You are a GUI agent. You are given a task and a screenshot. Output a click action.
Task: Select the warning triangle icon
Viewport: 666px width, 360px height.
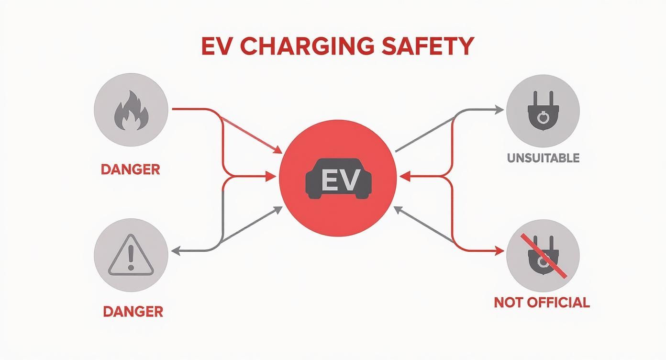point(131,257)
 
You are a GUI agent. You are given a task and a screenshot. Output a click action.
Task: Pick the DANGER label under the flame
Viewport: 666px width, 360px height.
point(130,169)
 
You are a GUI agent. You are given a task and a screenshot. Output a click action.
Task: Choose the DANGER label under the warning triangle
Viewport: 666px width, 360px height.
point(133,312)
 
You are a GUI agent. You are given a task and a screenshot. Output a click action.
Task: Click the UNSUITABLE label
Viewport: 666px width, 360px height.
point(543,158)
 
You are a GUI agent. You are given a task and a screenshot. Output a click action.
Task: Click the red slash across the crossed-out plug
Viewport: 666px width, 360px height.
point(545,256)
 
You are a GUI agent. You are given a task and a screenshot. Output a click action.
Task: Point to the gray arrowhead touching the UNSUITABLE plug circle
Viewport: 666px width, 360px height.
point(500,110)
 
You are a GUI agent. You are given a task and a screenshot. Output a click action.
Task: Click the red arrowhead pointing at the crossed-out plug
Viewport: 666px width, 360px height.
point(500,250)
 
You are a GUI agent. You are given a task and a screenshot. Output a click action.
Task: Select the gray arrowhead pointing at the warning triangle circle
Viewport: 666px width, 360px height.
point(176,250)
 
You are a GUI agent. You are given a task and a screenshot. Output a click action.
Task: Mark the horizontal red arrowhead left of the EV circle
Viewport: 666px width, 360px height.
point(273,177)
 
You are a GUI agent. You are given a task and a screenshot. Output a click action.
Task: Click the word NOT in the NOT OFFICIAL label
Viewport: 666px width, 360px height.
point(506,303)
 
